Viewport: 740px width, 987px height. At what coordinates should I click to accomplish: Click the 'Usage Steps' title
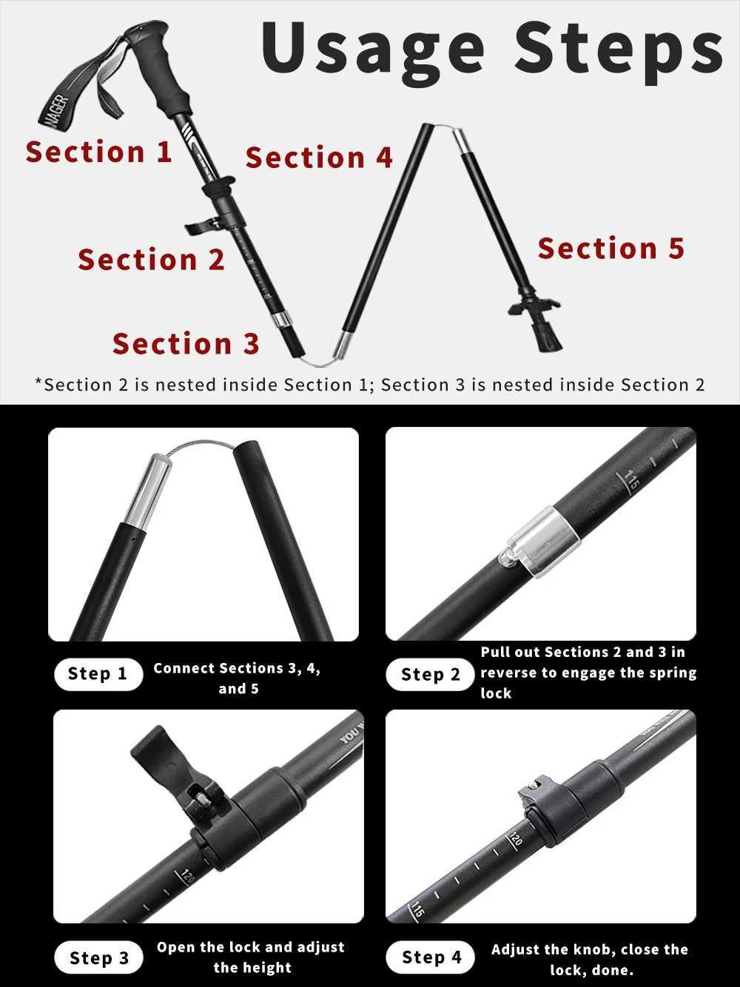492,49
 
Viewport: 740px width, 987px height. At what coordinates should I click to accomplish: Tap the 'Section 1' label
99,152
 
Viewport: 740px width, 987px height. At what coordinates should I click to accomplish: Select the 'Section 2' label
151,260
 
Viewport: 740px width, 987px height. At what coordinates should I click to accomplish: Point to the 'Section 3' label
186,344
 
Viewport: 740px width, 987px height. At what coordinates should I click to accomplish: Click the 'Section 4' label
319,158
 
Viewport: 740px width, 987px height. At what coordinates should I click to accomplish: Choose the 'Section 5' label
610,249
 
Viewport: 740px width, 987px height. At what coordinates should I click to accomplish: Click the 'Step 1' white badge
98,674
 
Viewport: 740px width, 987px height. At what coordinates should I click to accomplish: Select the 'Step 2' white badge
430,675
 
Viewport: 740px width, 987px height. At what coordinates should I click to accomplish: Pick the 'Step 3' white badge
98,958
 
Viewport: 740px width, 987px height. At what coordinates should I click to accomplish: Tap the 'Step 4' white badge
431,957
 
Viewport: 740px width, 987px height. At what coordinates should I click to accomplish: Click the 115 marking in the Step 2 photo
631,480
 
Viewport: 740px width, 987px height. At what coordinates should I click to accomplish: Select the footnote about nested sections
370,385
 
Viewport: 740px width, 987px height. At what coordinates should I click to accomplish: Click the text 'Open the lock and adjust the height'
250,957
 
